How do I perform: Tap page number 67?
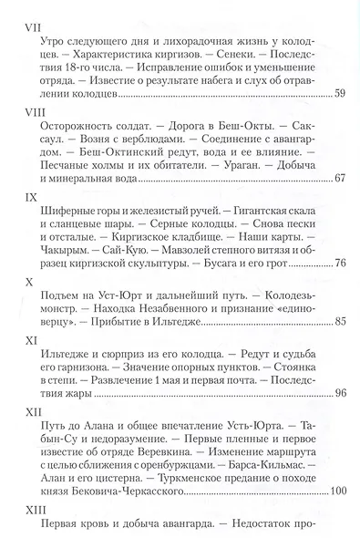[340, 176]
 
